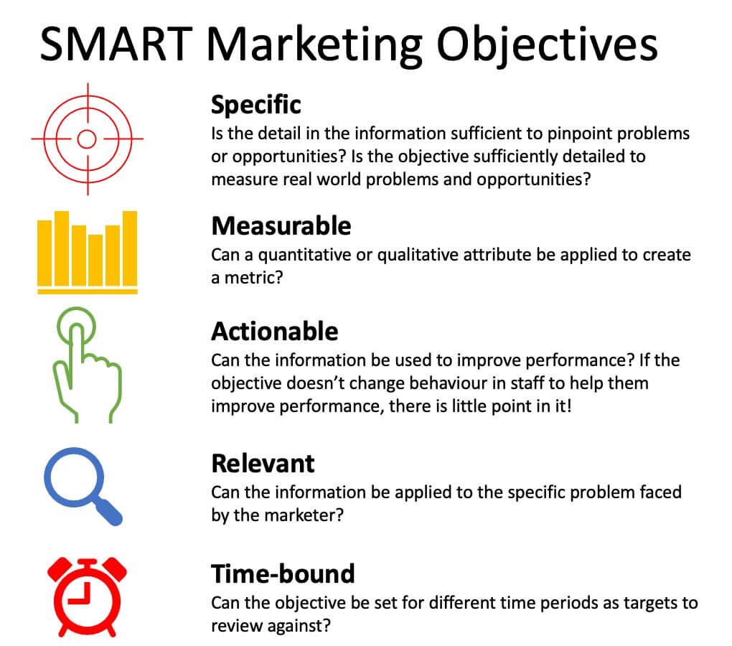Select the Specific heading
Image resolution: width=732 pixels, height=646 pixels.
tap(256, 106)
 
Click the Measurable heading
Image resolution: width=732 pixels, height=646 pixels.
tap(281, 226)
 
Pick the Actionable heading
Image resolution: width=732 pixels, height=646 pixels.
tap(275, 332)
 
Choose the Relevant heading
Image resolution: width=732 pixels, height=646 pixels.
tap(263, 463)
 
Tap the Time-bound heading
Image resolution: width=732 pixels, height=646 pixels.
tap(283, 574)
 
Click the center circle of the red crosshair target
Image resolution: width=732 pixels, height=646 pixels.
tap(86, 139)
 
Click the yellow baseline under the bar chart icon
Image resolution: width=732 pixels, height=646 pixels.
tap(87, 291)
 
